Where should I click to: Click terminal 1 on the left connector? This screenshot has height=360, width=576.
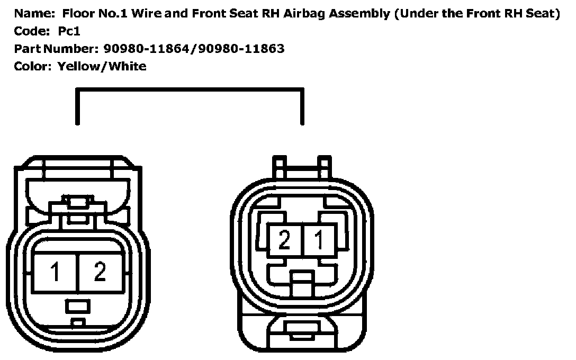(x=55, y=272)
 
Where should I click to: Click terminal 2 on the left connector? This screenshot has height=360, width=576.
(x=100, y=272)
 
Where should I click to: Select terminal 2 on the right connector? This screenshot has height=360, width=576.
(x=285, y=241)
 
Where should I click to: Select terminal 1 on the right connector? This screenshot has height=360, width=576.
(x=319, y=241)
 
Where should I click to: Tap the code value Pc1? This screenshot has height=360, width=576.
(x=69, y=31)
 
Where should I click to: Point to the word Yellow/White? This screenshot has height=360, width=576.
(x=102, y=66)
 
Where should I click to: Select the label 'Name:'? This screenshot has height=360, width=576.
(x=32, y=14)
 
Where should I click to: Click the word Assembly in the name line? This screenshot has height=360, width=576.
(x=358, y=14)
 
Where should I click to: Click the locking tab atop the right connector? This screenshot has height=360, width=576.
(x=301, y=166)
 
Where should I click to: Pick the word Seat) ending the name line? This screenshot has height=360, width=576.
(x=543, y=14)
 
